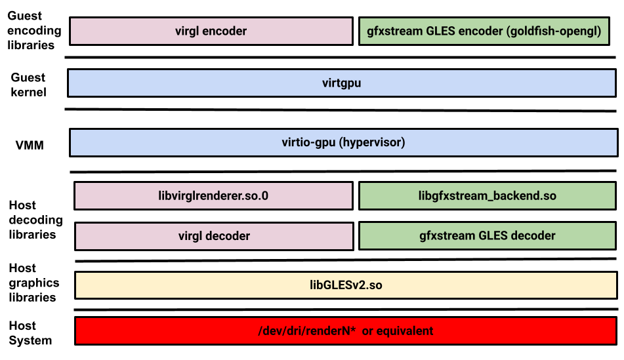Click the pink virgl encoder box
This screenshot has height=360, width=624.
pos(211,31)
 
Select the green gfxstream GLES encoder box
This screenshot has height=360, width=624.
pos(485,31)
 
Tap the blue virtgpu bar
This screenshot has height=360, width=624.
pos(341,83)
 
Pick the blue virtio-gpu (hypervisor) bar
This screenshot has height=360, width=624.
pos(343,142)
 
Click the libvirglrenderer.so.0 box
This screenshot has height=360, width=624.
pos(213,195)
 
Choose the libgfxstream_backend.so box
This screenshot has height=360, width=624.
pos(487,195)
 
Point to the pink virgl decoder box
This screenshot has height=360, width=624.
pos(214,236)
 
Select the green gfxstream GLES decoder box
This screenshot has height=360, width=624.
pos(487,236)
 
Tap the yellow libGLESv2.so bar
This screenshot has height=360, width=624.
pos(346,285)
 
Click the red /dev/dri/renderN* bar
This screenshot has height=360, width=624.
pos(346,330)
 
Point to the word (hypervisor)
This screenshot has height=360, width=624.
pos(372,142)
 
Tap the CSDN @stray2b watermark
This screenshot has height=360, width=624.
pos(584,349)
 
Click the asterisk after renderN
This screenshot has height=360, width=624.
pos(353,329)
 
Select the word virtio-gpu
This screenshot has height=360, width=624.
pos(309,142)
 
